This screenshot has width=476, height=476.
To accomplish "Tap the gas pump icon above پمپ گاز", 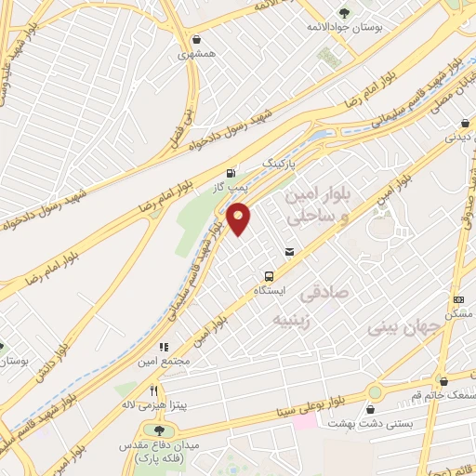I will pyautogui.click(x=230, y=172).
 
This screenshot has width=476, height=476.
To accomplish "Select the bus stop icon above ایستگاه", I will pyautogui.click(x=269, y=276).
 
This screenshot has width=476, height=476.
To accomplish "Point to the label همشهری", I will pyautogui.click(x=198, y=55).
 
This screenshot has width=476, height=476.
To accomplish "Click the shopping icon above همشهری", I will pyautogui.click(x=197, y=39).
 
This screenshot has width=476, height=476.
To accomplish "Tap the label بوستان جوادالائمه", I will pyautogui.click(x=345, y=27).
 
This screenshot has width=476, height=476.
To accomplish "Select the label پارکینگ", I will pyautogui.click(x=284, y=162).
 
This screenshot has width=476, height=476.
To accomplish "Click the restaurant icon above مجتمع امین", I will pyautogui.click(x=164, y=346).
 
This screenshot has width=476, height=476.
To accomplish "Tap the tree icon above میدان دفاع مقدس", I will pyautogui.click(x=159, y=430).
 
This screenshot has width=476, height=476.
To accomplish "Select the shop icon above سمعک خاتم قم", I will pyautogui.click(x=444, y=380).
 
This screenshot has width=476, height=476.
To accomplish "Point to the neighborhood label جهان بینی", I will pyautogui.click(x=401, y=328).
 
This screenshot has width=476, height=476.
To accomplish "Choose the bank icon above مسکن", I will pyautogui.click(x=458, y=299).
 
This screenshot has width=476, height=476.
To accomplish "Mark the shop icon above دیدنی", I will pyautogui.click(x=464, y=123).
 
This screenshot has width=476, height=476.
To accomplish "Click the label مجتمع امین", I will pyautogui.click(x=168, y=361).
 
